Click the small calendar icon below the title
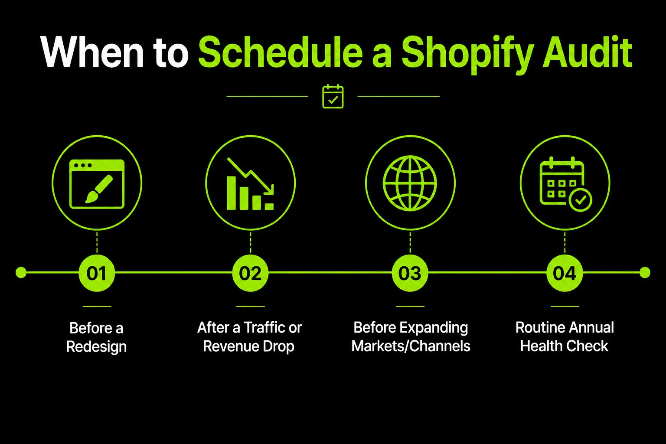tap(333, 96)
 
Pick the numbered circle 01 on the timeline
tap(97, 273)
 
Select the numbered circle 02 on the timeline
tap(250, 273)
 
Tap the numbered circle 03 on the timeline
tap(410, 273)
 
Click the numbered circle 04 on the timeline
tap(565, 273)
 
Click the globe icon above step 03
tap(410, 183)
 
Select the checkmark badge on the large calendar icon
tap(581, 200)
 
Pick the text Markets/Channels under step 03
tap(411, 346)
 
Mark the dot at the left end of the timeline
tap(21, 272)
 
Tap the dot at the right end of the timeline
tap(645, 272)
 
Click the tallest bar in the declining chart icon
tap(231, 193)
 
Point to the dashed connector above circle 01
tap(97, 242)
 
